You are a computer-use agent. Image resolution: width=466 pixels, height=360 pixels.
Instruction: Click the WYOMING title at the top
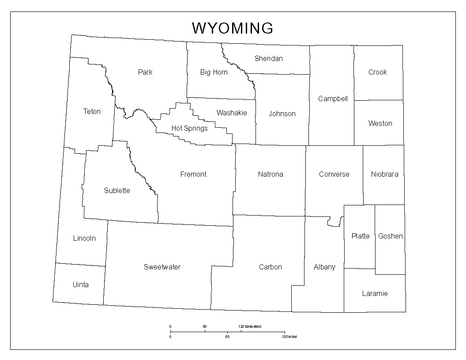(233, 28)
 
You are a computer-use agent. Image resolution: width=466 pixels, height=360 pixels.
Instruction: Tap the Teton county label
(92, 112)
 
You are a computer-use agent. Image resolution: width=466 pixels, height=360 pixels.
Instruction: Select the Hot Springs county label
(189, 129)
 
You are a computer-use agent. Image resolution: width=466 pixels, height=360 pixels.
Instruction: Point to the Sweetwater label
(162, 267)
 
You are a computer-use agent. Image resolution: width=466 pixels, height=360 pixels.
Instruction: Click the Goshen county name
(390, 236)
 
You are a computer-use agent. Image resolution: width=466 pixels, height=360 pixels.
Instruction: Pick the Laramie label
(375, 293)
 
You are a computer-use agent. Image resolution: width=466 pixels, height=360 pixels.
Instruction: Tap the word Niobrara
(384, 174)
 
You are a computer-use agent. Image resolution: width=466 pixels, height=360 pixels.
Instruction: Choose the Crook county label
(377, 72)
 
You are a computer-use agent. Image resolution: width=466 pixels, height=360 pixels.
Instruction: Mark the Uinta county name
(80, 284)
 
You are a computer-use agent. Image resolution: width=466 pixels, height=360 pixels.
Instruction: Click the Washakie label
(231, 113)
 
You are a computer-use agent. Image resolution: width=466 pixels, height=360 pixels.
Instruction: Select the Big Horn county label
(214, 72)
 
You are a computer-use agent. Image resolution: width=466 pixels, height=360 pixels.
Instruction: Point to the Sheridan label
(268, 58)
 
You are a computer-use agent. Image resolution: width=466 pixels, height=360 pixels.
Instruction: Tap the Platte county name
(361, 236)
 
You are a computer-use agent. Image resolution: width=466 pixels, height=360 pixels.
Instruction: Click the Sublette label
(117, 190)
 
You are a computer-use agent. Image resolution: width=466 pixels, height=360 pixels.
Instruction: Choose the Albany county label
(324, 267)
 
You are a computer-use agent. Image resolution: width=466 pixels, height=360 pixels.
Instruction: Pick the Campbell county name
(333, 99)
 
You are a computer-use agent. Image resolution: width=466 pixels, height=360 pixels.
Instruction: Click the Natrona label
(271, 174)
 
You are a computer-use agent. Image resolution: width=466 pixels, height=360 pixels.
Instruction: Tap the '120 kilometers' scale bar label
(250, 326)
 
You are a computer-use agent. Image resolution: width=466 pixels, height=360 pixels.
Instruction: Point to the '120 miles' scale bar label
(289, 337)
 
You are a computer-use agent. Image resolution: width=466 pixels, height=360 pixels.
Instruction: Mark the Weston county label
(380, 123)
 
